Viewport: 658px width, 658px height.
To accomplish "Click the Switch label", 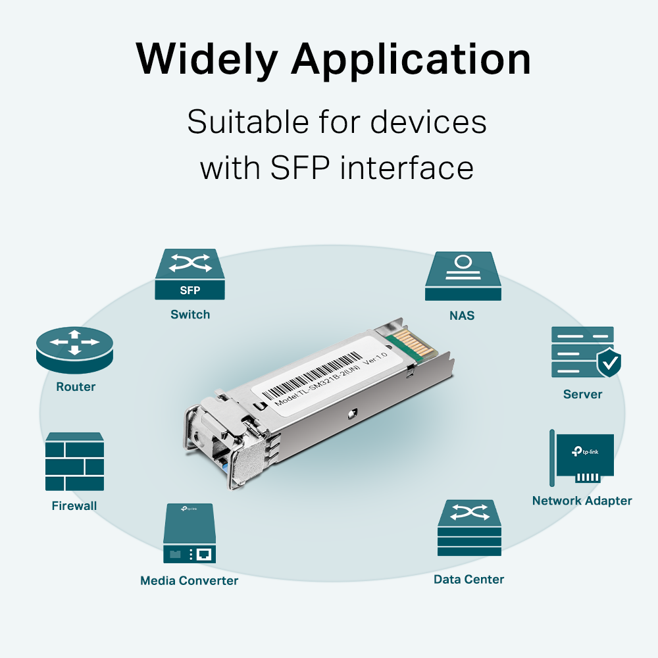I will coord(190,315).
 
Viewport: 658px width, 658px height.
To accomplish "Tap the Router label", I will coord(76,387).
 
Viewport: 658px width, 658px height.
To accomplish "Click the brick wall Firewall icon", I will coord(75,462).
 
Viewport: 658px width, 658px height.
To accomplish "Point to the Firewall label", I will coord(74,506).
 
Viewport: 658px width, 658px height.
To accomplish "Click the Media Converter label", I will coord(189,580).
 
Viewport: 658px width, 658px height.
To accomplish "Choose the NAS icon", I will coord(463,277).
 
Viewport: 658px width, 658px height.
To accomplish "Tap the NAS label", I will coord(462,316).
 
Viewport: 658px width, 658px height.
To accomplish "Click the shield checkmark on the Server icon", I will coord(608,363).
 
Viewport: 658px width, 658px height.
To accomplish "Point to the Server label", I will coord(582,394).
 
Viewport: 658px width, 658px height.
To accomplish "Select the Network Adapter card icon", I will coord(582,457).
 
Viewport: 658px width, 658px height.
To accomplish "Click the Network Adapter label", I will coord(582,501).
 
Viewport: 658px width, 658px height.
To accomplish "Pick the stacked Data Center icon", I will coord(468,529).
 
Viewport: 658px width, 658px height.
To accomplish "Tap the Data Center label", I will coord(468,580).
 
